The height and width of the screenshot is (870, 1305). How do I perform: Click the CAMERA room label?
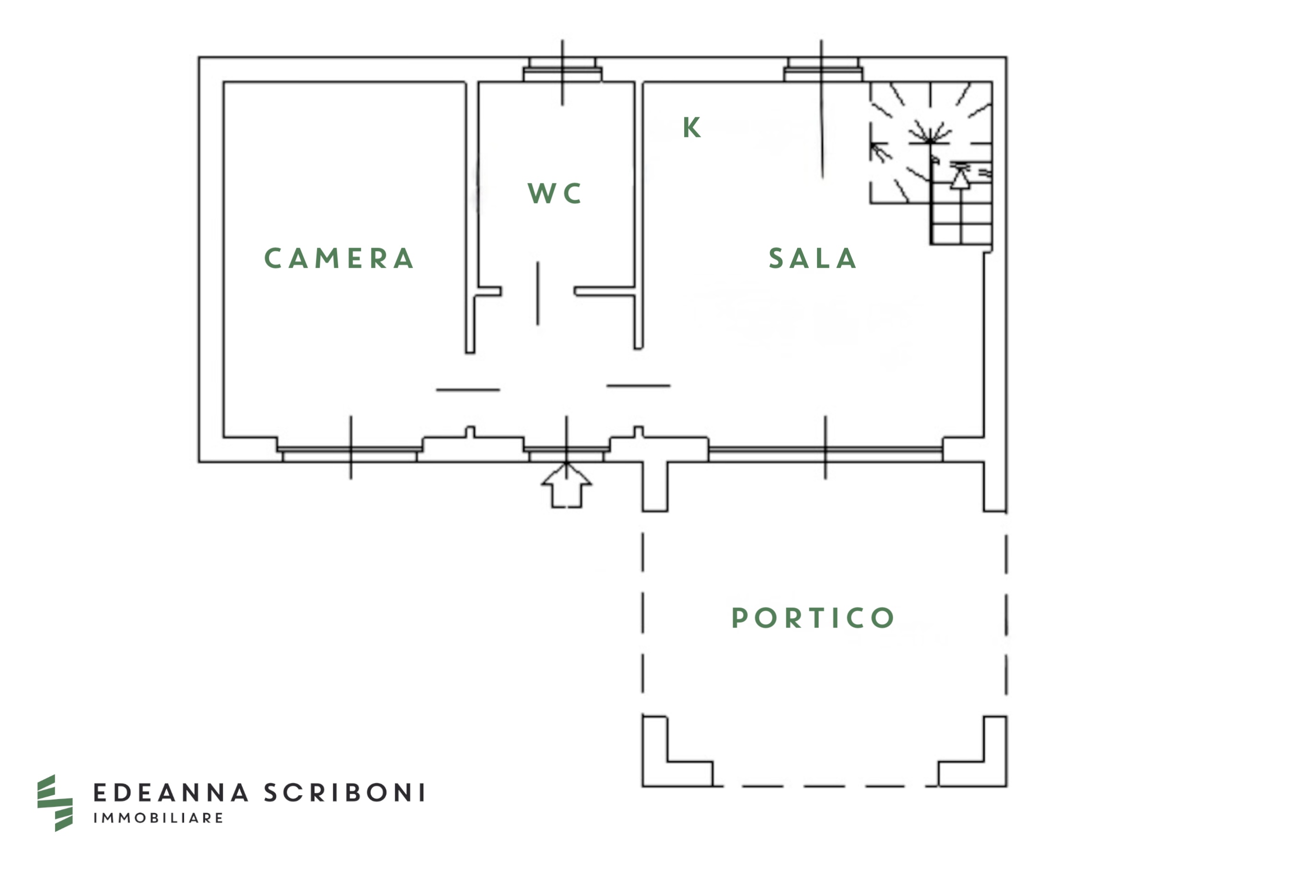click(x=338, y=259)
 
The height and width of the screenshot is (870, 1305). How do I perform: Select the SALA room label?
click(x=812, y=259)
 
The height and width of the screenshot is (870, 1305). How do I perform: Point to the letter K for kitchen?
click(x=692, y=127)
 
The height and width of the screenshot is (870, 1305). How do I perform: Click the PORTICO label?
click(x=813, y=618)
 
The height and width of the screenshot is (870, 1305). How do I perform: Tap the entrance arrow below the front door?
click(x=566, y=487)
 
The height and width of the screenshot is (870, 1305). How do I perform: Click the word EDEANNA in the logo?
click(x=171, y=793)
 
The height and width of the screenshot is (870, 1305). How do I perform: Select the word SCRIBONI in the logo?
click(x=345, y=793)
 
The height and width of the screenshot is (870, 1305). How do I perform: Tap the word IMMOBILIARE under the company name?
click(x=158, y=818)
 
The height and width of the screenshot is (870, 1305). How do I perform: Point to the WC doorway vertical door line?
click(x=537, y=293)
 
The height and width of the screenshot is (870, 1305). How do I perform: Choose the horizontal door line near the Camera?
click(x=468, y=390)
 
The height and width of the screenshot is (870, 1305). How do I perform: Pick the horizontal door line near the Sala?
click(x=638, y=386)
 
